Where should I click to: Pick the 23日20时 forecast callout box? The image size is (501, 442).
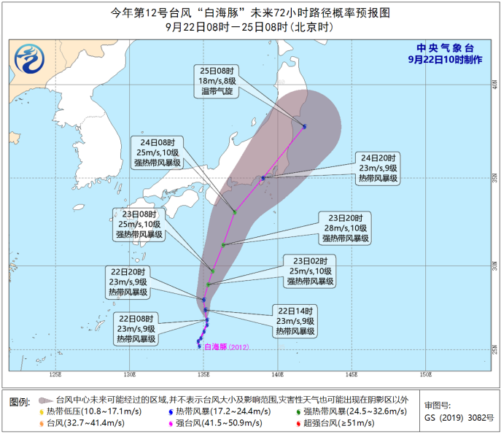click(x=349, y=228)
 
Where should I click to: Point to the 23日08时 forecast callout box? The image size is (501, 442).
click(x=138, y=224)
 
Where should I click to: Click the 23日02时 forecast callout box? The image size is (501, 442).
click(x=311, y=271)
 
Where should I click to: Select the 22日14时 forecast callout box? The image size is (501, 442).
click(x=295, y=320)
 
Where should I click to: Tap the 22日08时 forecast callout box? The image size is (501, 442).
click(x=136, y=328)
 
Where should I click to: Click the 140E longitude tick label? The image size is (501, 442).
click(x=276, y=376)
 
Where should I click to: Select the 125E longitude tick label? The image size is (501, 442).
click(x=55, y=376)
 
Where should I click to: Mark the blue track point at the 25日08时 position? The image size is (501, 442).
click(x=304, y=127)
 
